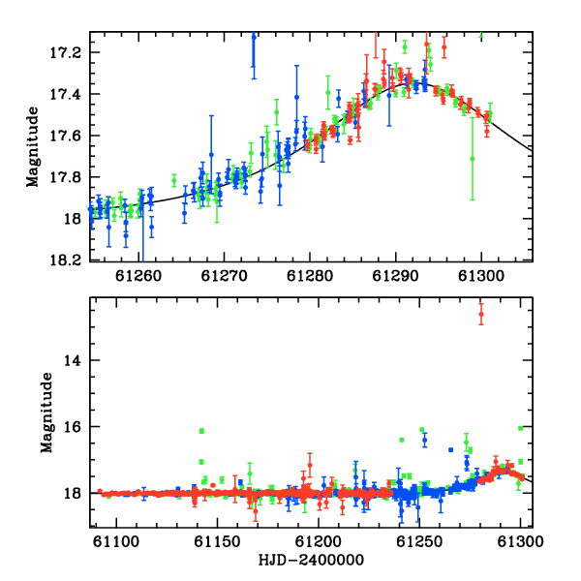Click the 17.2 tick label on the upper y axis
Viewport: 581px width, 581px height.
pos(65,52)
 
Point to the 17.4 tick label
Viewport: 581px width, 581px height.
pos(65,94)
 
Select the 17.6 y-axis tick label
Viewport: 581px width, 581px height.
pos(65,136)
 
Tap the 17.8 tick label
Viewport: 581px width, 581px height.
pos(65,177)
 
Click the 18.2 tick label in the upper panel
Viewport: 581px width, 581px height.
pos(65,260)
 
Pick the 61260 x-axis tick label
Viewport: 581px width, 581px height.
pos(138,276)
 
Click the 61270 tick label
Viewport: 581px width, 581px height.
pos(224,276)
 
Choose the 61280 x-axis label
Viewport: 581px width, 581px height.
pos(310,276)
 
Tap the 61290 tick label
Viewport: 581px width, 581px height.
pos(395,276)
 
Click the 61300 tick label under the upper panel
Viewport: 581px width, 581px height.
pos(481,276)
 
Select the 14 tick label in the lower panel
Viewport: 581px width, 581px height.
pos(72,360)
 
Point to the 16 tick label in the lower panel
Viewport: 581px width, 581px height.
pos(72,427)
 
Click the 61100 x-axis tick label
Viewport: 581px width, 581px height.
pos(116,541)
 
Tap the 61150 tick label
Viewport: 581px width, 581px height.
pos(217,541)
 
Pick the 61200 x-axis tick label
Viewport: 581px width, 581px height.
pos(318,541)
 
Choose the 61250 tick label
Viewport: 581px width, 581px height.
pos(419,541)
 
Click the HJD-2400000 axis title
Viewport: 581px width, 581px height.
pos(311,560)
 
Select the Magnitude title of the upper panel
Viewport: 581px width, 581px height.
pos(33,147)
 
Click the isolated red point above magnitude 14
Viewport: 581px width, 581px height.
pos(481,314)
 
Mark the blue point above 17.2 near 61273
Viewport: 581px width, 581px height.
pos(254,37)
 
